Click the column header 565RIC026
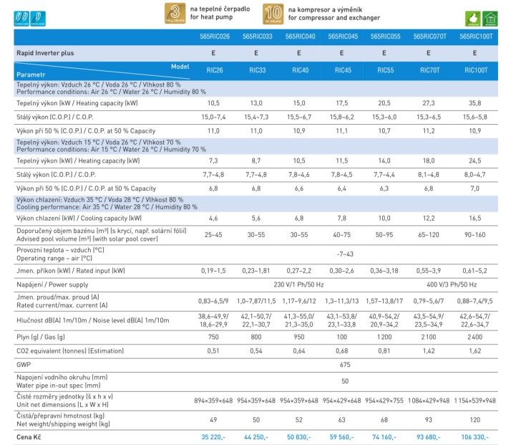(x=214, y=36)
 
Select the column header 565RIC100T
(x=475, y=36)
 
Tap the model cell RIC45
(x=344, y=71)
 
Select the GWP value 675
(x=344, y=365)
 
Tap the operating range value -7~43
(x=344, y=254)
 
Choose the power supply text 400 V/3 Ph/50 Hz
(x=453, y=285)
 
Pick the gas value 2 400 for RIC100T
(x=475, y=336)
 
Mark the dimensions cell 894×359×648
(x=214, y=399)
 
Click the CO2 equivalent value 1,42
(x=429, y=350)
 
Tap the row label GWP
(x=23, y=365)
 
